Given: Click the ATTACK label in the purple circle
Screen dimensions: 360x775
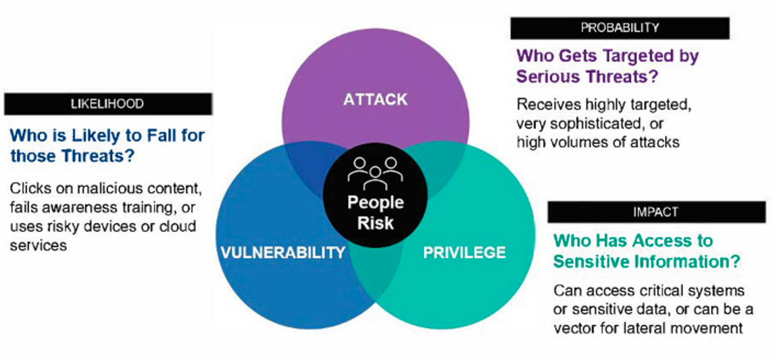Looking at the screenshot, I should pyautogui.click(x=375, y=100).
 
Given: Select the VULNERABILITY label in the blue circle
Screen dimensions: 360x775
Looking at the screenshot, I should pyautogui.click(x=282, y=253).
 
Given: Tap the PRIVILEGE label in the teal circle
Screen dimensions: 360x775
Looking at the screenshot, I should pyautogui.click(x=464, y=253).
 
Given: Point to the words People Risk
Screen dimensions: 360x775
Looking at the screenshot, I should pyautogui.click(x=375, y=212).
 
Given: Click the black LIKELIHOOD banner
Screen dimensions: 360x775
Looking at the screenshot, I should pyautogui.click(x=107, y=104).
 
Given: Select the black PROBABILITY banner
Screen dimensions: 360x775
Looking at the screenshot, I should pyautogui.click(x=619, y=28).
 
